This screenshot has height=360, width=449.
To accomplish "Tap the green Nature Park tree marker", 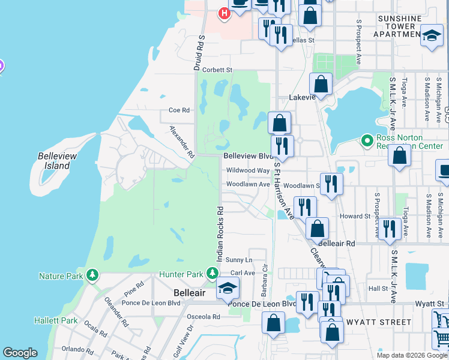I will [x=92, y=275].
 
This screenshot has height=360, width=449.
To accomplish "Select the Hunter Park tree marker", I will [x=212, y=274].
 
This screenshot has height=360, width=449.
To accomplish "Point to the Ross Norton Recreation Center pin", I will [x=367, y=141].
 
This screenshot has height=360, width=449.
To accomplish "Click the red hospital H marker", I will [x=224, y=13].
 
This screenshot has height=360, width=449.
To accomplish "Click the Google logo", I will [x=20, y=353].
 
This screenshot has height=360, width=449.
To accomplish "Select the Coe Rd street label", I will [x=179, y=110].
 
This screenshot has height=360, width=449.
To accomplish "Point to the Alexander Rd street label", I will [x=182, y=142].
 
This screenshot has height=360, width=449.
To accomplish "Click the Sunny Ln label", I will [x=239, y=260].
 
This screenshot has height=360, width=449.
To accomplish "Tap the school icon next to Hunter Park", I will [x=228, y=290].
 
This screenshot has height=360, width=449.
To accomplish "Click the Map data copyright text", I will [x=412, y=355].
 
